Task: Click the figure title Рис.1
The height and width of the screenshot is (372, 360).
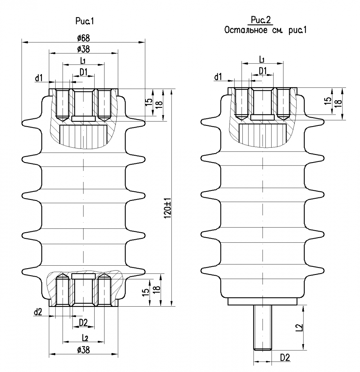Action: [x=85, y=21]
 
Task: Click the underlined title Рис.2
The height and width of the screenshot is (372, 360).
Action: [x=261, y=20]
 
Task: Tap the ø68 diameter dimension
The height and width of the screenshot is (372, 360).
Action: [x=83, y=38]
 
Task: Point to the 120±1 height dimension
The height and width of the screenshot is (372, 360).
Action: [x=168, y=209]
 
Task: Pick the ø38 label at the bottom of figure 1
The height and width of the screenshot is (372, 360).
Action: [x=83, y=350]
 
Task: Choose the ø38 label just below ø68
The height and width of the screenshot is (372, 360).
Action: [x=83, y=49]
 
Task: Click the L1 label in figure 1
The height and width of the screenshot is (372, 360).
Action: [x=83, y=61]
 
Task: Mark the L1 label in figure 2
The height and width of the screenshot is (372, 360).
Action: [x=262, y=60]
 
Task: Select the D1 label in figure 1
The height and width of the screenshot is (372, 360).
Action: [x=83, y=72]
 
